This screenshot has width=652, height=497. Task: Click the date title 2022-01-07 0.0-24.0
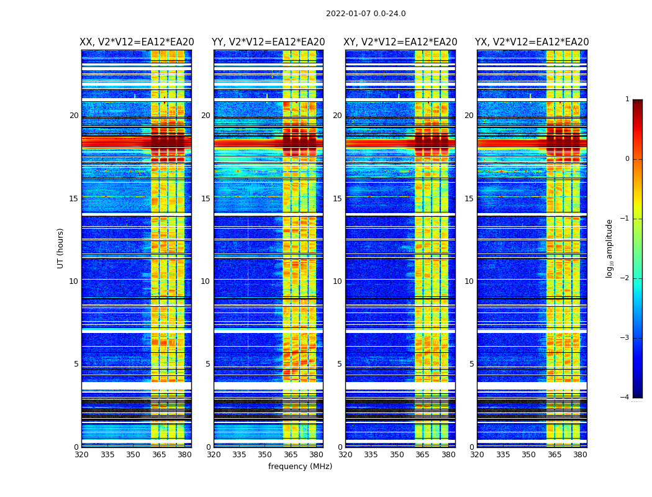[366, 14]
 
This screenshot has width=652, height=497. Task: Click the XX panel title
[137, 42]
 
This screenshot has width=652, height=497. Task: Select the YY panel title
[268, 42]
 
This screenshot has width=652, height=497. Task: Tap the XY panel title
[401, 42]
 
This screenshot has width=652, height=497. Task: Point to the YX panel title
[532, 42]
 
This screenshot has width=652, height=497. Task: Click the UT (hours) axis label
[61, 248]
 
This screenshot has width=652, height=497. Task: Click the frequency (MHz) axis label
[300, 467]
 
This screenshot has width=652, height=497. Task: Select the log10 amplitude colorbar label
[610, 248]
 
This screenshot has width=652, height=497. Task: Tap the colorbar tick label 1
[627, 99]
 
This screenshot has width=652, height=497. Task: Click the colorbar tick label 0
[627, 159]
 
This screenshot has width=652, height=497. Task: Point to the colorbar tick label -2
[625, 278]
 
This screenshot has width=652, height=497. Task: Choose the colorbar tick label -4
[625, 398]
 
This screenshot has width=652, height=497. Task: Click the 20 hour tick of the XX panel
[74, 116]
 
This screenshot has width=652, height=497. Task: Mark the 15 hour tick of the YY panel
[206, 199]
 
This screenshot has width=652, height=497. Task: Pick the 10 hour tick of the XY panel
[338, 281]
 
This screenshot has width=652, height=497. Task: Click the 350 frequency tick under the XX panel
[133, 455]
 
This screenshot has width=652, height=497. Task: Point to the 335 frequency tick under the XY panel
[371, 455]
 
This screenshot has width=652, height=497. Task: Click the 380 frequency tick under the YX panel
[580, 455]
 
